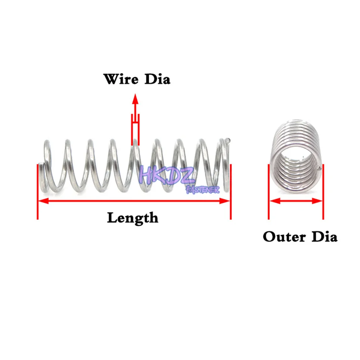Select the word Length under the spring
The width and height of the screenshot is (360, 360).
(x=132, y=218)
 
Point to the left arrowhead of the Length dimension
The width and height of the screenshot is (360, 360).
(x=42, y=201)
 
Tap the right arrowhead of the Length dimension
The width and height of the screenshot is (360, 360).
(x=226, y=201)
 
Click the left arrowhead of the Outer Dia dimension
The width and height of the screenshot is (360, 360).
(x=273, y=201)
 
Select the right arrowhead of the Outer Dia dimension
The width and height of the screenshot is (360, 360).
(x=318, y=201)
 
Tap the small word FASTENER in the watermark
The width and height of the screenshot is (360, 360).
(x=202, y=189)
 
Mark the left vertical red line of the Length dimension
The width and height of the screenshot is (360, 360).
(x=37, y=191)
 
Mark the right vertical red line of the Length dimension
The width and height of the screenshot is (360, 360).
(x=230, y=191)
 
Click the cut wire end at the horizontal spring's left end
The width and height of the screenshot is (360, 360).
(x=41, y=166)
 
